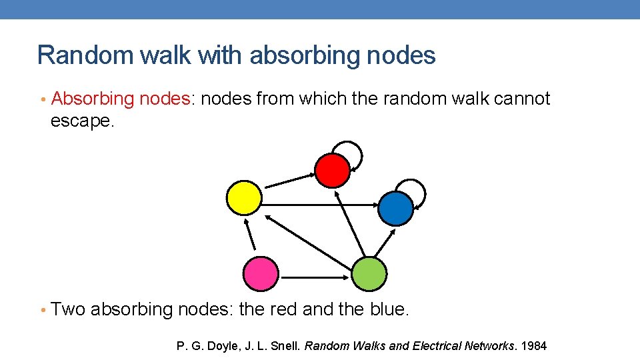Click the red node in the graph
tap(332, 170)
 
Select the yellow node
tap(244, 197)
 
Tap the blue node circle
tap(396, 208)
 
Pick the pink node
tap(260, 273)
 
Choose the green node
tap(369, 273)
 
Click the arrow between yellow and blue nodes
tap(319, 205)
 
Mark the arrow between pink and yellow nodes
tap(250, 235)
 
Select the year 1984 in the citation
tap(533, 346)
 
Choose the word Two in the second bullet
tap(68, 310)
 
